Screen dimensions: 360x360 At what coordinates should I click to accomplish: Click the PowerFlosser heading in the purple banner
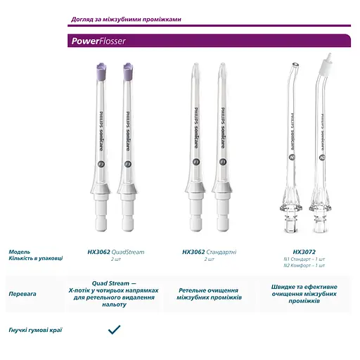(98, 41)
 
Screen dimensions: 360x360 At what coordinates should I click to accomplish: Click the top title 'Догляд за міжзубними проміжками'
(126, 19)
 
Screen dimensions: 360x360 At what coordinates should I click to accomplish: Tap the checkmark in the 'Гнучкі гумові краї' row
(114, 329)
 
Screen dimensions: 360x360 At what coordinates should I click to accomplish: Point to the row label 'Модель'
(20, 251)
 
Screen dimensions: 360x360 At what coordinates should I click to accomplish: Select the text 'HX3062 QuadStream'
(114, 251)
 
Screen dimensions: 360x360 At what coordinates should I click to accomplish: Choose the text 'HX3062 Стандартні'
(209, 251)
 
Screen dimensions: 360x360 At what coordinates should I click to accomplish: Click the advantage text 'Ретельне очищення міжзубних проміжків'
(209, 294)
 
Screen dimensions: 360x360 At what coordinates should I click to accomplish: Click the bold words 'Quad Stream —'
(114, 283)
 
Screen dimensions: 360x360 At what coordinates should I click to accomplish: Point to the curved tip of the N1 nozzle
(296, 69)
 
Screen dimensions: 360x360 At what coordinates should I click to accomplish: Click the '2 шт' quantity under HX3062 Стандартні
(209, 259)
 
